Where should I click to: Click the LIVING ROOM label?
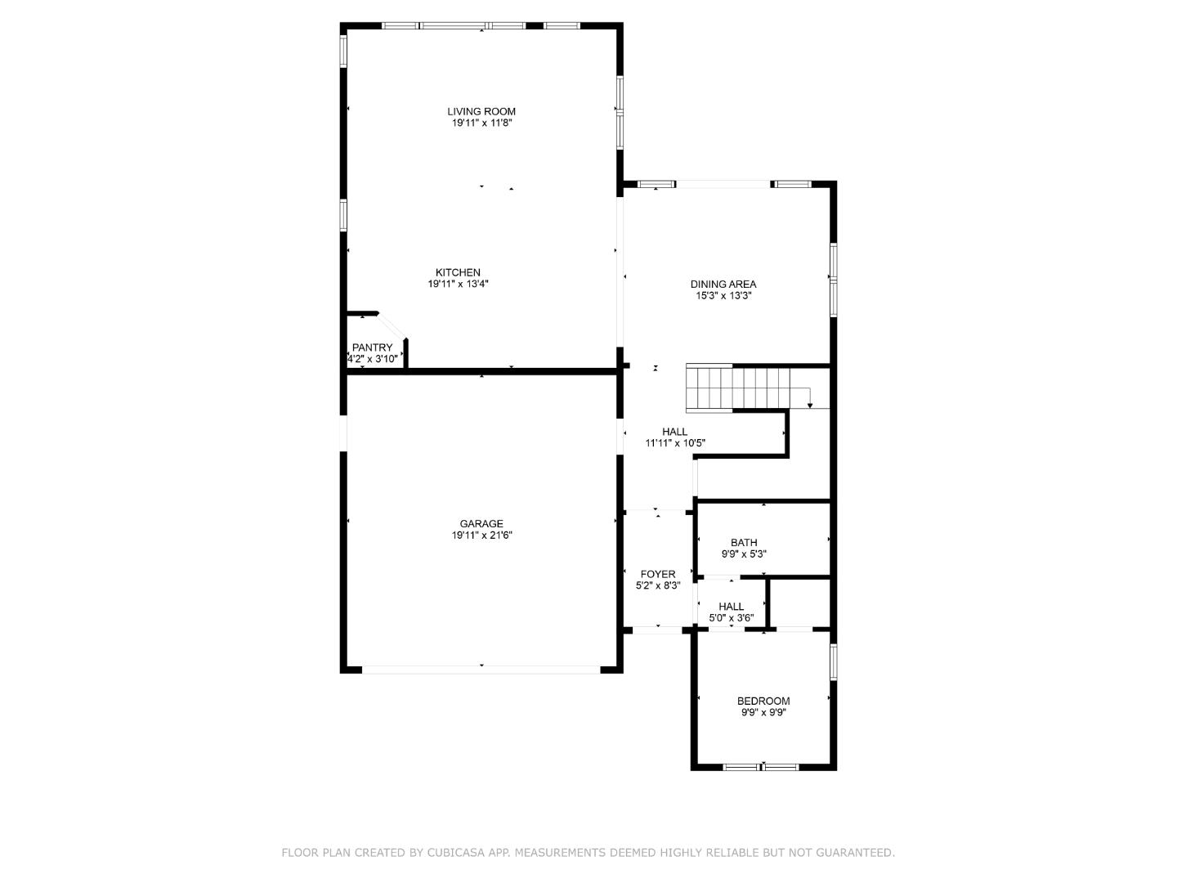(481, 111)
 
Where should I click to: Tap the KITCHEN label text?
(458, 272)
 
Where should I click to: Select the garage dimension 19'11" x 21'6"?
(481, 536)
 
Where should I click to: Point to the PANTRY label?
(372, 347)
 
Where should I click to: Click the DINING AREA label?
(723, 284)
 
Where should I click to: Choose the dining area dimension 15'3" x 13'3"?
(723, 296)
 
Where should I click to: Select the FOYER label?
(658, 574)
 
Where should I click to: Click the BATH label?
(744, 542)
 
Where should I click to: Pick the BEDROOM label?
(763, 701)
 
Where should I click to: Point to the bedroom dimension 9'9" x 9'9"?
(763, 712)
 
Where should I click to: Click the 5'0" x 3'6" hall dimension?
(731, 618)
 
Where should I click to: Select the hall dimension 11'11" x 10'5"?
(675, 443)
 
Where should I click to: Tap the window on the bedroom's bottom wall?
(761, 767)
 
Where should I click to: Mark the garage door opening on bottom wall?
(481, 669)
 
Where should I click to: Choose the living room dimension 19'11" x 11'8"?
(481, 123)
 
